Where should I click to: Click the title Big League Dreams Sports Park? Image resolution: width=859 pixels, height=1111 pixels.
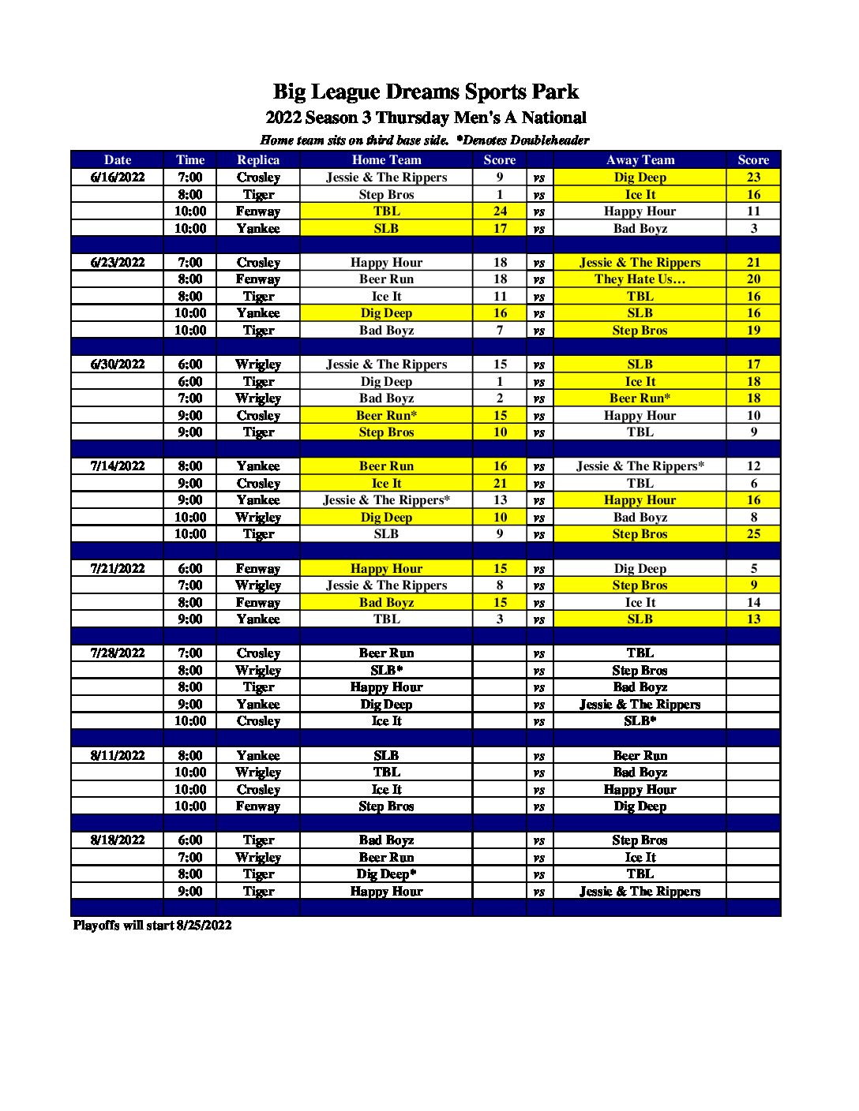click(426, 92)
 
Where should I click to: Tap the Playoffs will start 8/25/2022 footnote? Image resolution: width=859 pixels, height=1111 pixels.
click(152, 925)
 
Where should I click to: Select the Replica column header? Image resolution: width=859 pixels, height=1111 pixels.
click(258, 159)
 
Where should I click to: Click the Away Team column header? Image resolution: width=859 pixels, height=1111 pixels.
click(640, 159)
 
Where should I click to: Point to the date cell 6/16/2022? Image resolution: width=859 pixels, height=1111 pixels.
click(118, 178)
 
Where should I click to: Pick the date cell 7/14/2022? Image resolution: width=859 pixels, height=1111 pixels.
click(118, 466)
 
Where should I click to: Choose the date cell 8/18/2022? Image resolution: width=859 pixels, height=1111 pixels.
click(118, 840)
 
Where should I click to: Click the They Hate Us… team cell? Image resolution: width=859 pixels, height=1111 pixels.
click(640, 279)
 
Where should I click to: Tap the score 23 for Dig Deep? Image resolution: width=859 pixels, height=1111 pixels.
click(753, 178)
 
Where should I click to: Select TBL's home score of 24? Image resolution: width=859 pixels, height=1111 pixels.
click(500, 211)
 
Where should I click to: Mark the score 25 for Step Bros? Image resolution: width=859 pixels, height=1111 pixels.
click(753, 534)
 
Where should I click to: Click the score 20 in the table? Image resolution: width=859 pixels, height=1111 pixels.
click(753, 279)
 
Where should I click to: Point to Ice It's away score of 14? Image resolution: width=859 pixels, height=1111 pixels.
click(753, 603)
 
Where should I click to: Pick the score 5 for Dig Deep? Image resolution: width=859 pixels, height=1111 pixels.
click(753, 569)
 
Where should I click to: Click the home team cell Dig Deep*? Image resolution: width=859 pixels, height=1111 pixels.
click(386, 874)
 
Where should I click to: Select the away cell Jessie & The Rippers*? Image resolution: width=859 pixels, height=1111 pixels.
click(640, 466)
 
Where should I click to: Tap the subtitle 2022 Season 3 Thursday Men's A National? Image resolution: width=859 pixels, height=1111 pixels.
click(426, 118)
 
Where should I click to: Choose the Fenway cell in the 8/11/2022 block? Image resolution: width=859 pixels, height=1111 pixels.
click(258, 806)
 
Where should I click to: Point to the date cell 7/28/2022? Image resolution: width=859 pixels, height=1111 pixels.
click(118, 653)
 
